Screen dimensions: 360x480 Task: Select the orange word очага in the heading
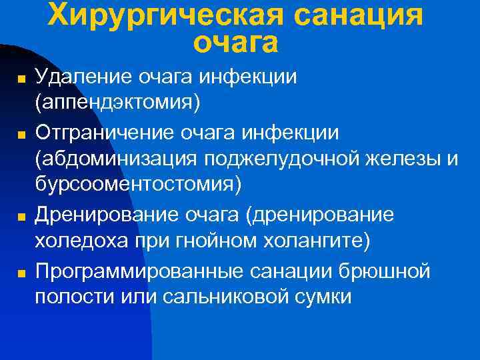tap(235, 42)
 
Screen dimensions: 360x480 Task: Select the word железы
tap(399, 158)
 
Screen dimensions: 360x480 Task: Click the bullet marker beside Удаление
tap(21, 79)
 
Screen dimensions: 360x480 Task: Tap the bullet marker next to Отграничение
tap(21, 135)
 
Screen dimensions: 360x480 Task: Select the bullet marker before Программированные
tap(21, 273)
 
